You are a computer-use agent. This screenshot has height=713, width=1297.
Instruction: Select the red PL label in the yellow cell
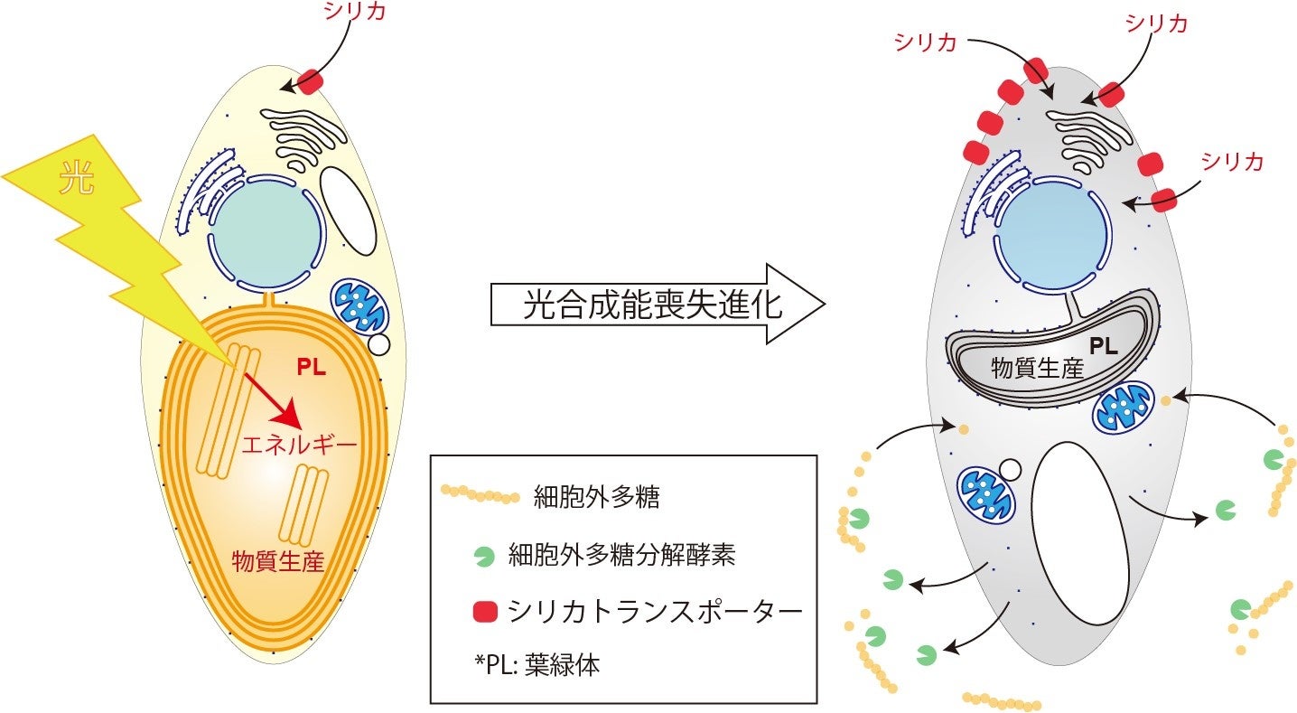click(313, 368)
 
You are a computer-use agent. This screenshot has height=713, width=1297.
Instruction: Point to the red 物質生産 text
click(277, 559)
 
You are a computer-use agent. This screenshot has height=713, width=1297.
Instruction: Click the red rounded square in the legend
click(485, 613)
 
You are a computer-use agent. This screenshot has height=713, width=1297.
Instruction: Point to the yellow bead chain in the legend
click(480, 495)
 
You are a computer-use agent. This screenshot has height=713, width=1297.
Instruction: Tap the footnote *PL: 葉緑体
click(537, 665)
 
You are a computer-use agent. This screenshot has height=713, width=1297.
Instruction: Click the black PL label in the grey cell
click(1104, 346)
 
